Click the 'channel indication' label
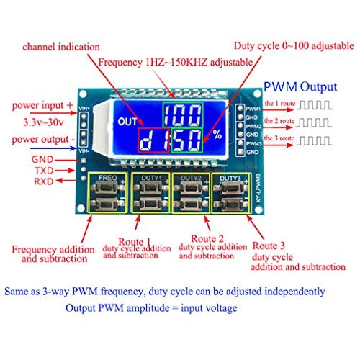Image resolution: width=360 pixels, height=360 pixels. click(61, 47)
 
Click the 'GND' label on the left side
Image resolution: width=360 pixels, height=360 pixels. click(42, 158)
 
